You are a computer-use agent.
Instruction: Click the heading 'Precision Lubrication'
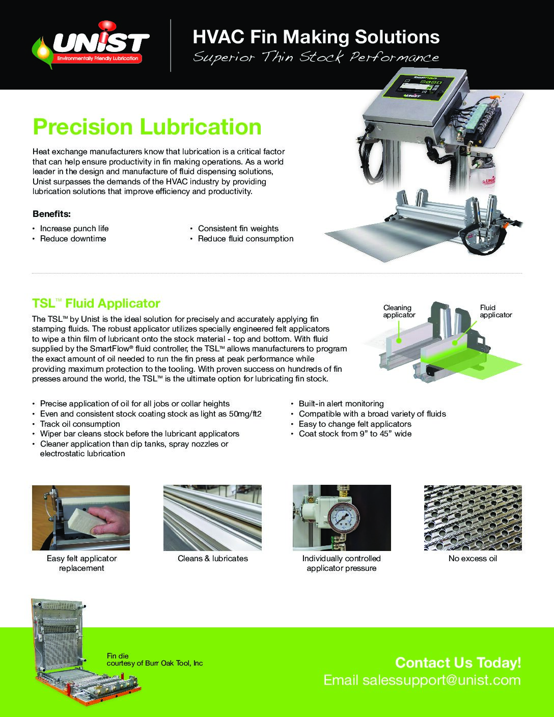click(147, 127)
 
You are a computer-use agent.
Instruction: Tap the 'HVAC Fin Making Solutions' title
click(316, 37)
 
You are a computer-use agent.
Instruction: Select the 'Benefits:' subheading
click(51, 214)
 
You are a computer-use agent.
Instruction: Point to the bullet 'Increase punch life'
click(74, 229)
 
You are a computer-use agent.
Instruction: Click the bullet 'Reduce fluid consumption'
click(245, 239)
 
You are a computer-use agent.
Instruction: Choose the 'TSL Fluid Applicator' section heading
click(96, 304)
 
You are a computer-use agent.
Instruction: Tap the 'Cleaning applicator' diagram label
click(399, 311)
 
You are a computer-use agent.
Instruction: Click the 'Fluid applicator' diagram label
click(495, 311)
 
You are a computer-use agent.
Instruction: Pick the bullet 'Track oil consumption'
click(80, 424)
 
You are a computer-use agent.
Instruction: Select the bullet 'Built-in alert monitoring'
click(341, 404)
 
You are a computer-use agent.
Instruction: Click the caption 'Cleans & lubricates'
click(213, 559)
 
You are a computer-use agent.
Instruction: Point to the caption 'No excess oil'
click(473, 559)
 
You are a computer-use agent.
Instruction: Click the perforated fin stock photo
click(473, 517)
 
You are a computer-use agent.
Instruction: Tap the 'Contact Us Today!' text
click(458, 663)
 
